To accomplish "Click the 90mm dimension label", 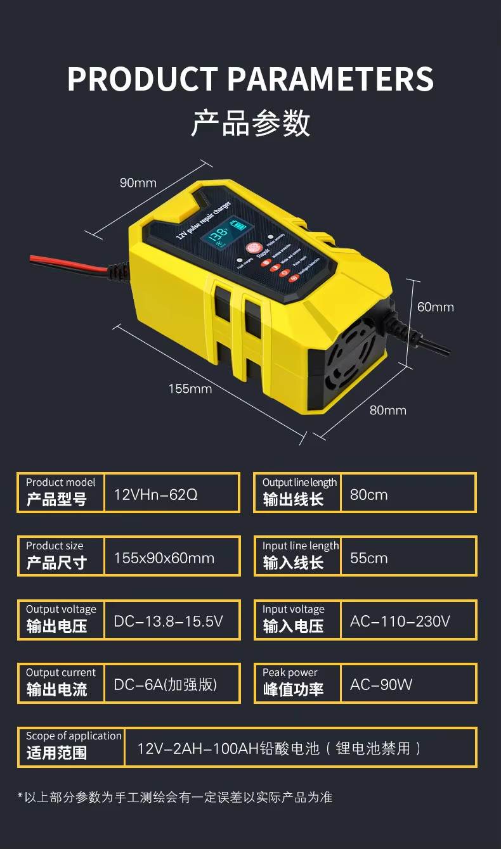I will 138,183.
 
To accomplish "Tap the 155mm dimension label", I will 190,388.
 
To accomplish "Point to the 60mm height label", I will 436,307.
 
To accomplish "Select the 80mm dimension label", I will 387,410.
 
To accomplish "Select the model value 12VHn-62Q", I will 155,494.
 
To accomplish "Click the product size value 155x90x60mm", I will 164,558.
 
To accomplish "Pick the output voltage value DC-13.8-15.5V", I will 168,621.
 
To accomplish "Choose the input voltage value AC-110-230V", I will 400,621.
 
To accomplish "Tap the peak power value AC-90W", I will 381,684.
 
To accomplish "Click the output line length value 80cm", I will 368,494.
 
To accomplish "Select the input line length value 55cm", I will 368,558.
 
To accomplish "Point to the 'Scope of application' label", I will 74,736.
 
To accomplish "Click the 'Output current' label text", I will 61,672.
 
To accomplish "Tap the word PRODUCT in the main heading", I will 143,80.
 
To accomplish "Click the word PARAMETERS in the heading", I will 330,80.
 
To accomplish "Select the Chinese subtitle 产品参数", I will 251,123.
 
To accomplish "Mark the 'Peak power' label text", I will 290,672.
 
